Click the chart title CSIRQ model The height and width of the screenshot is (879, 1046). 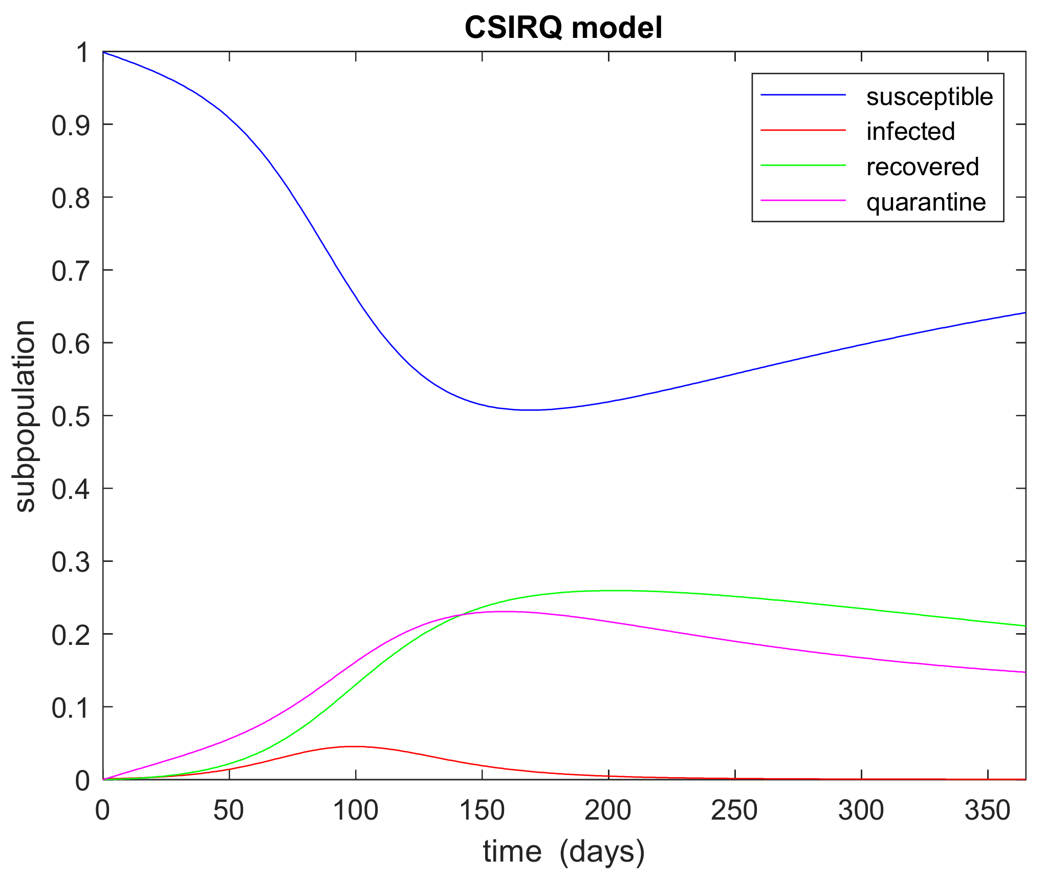[x=563, y=28]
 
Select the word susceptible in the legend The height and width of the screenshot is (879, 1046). [x=929, y=97]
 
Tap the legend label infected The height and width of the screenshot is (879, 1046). [x=910, y=132]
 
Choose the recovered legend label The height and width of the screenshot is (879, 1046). [x=922, y=167]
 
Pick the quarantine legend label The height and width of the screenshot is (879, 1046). [x=926, y=202]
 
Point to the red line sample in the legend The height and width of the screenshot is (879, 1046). [x=803, y=130]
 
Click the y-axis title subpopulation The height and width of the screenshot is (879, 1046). [x=25, y=416]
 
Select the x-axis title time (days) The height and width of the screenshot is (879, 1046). [x=563, y=852]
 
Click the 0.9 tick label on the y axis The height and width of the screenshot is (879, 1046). [x=71, y=125]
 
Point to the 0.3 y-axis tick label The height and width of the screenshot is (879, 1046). [x=71, y=562]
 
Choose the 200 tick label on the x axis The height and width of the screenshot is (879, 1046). [x=608, y=811]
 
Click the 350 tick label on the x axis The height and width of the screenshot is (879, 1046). [x=988, y=811]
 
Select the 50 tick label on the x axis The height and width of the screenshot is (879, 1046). [x=229, y=811]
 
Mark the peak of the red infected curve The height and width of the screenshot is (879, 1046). [x=355, y=746]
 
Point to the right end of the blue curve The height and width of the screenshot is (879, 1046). [x=1025, y=312]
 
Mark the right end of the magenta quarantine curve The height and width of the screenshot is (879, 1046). [x=1025, y=672]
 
